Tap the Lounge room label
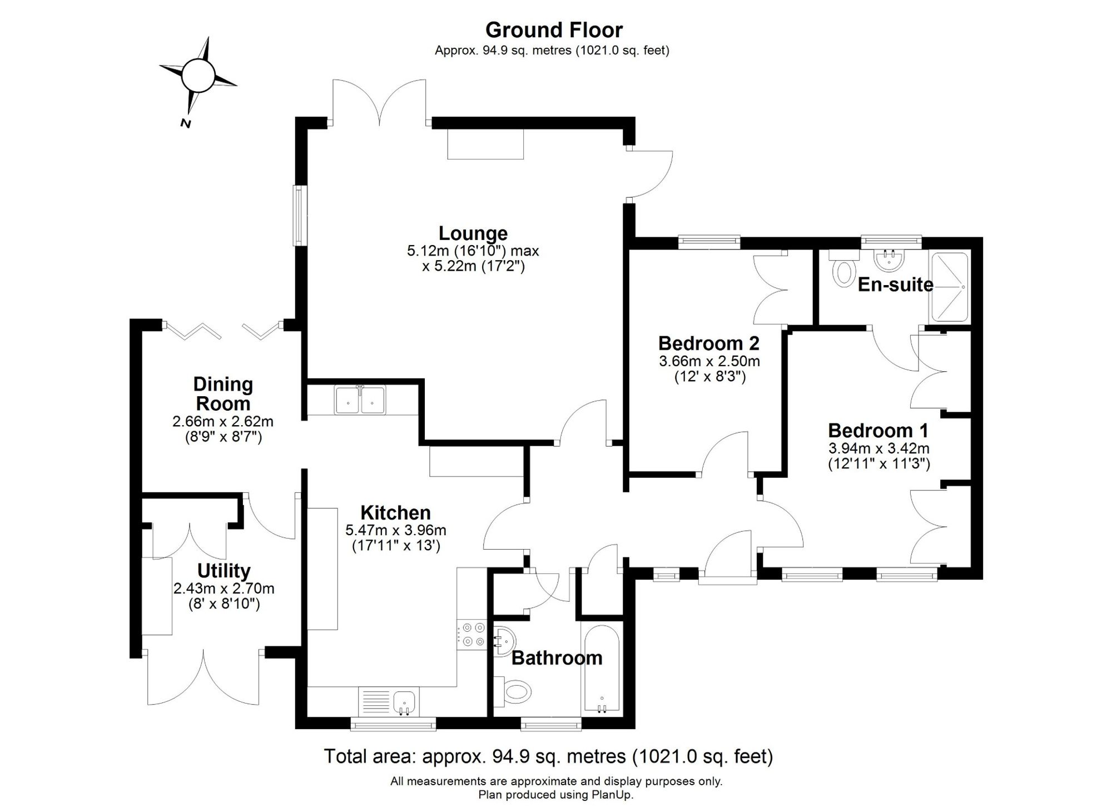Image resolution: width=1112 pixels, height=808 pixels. point(473,233)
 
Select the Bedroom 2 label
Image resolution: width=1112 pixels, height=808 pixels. point(709,343)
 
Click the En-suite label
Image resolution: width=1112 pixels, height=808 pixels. point(895,285)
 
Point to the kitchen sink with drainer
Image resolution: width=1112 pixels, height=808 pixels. point(389,702)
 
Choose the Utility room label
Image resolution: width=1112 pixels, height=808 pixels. point(224,571)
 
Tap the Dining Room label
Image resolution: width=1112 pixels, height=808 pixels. point(223,393)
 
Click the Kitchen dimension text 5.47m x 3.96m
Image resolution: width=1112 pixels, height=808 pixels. point(395,530)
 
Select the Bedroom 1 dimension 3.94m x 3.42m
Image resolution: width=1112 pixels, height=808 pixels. point(878,448)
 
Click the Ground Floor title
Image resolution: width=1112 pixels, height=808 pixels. point(554,29)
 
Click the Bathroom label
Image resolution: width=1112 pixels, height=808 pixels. point(557,658)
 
